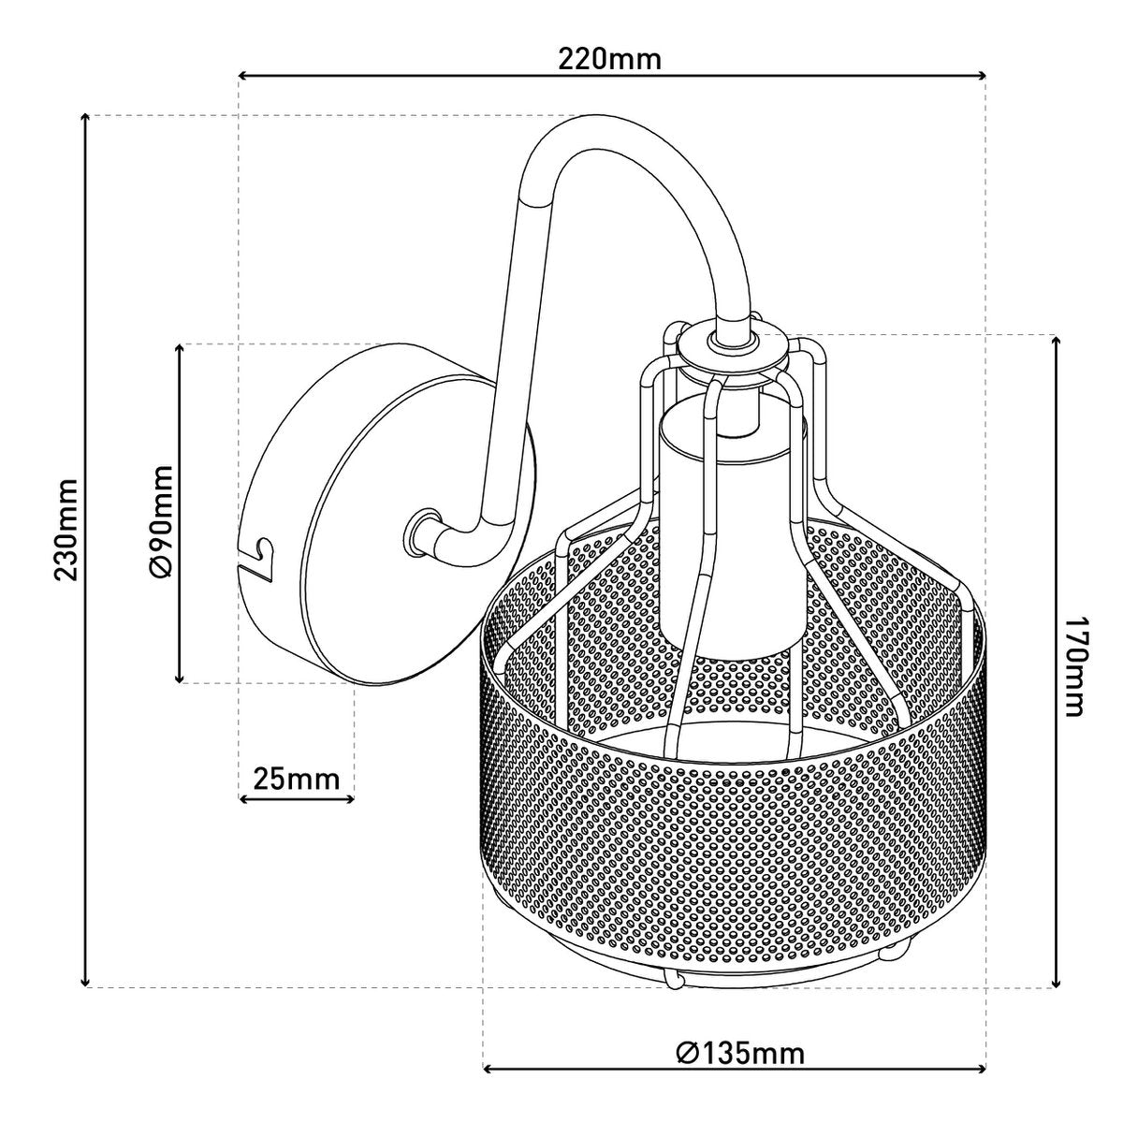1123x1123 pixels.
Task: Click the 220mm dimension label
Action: [609, 59]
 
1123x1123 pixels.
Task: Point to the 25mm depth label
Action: [297, 778]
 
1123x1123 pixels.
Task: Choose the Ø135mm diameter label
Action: [739, 1054]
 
